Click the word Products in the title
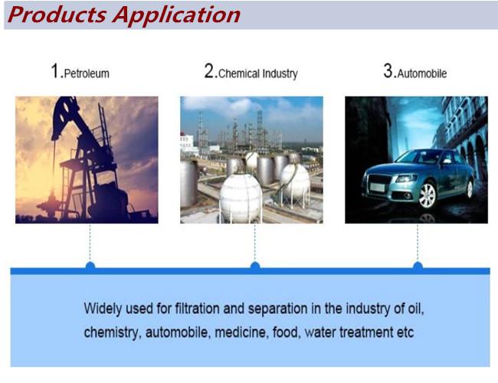pos(57,15)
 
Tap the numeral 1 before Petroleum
pos(55,70)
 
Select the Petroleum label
pos(87,74)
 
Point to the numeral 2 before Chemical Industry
pos(210,70)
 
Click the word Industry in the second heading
pos(279,74)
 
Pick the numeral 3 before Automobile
pos(388,70)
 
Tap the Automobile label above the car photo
pos(422,74)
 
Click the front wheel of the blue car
pos(428,195)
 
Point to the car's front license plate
pos(377,188)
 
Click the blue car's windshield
pos(418,157)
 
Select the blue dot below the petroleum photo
pos(90,266)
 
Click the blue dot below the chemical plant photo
pos(255,266)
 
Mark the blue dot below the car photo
pos(418,266)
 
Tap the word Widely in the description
pos(103,309)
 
